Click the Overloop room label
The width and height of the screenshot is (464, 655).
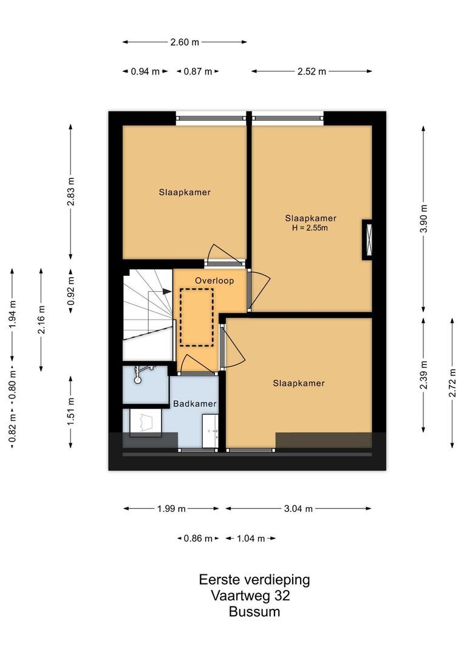point(210,280)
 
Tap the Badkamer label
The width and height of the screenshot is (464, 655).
point(194,403)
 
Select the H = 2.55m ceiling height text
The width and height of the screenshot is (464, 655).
point(311,228)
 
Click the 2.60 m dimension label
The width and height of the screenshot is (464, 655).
point(185,42)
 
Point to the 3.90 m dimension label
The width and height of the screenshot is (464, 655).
point(424,218)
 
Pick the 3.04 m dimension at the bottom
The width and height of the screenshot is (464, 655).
point(298,509)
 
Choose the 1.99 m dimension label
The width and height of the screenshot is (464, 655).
point(171,509)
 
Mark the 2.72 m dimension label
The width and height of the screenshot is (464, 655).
point(452,383)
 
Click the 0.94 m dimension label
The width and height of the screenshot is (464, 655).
point(145,72)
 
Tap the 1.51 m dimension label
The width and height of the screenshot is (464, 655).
point(71,412)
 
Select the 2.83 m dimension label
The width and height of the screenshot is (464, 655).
point(71,191)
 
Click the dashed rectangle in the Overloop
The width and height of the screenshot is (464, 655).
point(197,317)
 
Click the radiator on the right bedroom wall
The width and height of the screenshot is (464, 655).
point(367,240)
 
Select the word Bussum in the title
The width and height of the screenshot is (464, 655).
point(254,612)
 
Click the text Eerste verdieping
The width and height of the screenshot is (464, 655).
point(254,580)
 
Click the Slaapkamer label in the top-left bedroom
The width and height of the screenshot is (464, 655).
point(185,192)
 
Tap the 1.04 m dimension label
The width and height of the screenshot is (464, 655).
point(251,539)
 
